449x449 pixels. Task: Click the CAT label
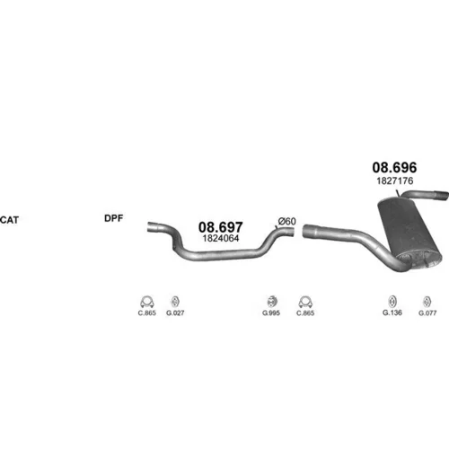click(9, 220)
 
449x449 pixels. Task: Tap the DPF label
click(114, 218)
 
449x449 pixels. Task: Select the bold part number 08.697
click(221, 227)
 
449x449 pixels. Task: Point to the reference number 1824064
click(221, 238)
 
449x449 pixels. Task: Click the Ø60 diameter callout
click(286, 221)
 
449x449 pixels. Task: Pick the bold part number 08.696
click(394, 167)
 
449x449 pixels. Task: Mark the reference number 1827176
click(395, 180)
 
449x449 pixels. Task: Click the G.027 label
click(175, 313)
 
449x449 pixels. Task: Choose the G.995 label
click(271, 313)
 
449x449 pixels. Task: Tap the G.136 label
click(392, 313)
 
